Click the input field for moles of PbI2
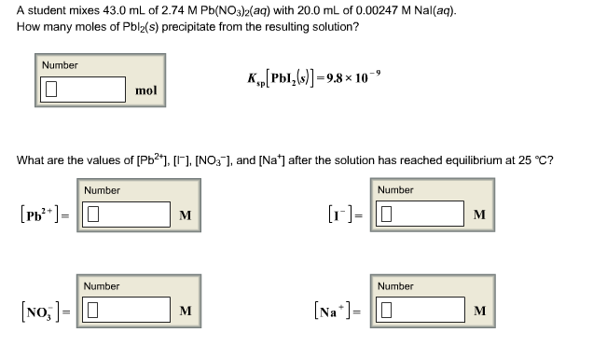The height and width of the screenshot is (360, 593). click(83, 90)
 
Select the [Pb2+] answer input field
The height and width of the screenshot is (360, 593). click(126, 215)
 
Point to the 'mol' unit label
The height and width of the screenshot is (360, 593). click(146, 90)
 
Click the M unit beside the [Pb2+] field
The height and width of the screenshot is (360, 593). click(186, 216)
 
